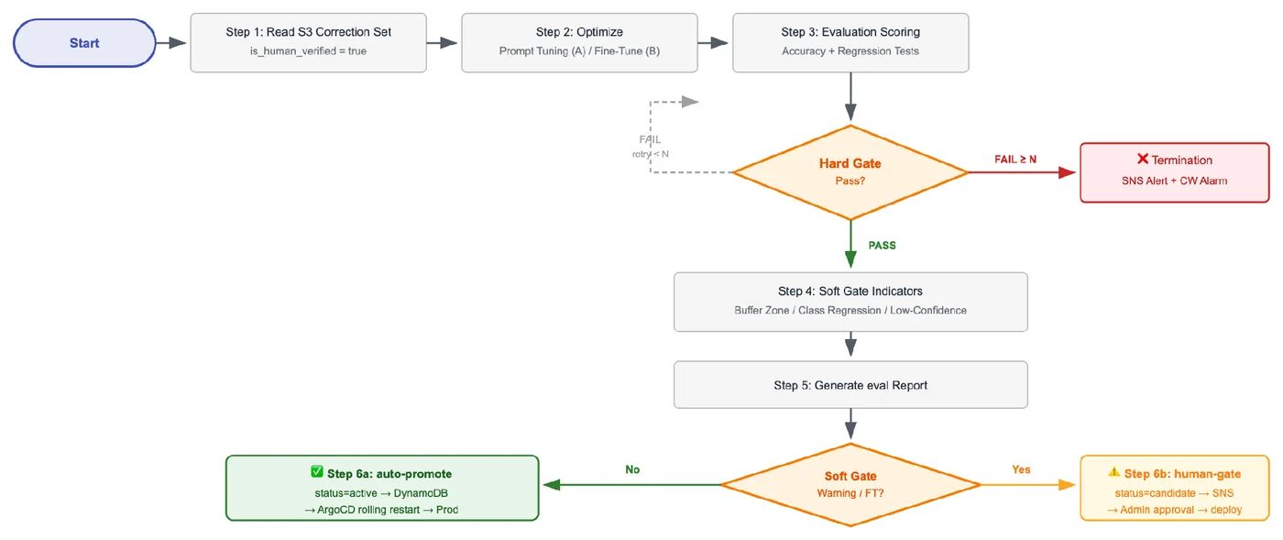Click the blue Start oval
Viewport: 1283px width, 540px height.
click(x=84, y=43)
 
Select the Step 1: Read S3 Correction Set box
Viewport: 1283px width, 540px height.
click(x=308, y=43)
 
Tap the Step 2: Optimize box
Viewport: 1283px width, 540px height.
click(x=579, y=43)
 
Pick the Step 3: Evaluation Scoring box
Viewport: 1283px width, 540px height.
click(x=850, y=43)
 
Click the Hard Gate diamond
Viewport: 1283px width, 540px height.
click(x=850, y=172)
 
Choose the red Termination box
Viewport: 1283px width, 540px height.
click(x=1175, y=172)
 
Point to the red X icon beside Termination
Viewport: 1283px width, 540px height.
click(x=1143, y=159)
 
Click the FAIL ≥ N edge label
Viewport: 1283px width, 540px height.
click(x=1015, y=160)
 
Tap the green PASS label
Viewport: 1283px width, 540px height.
click(x=882, y=246)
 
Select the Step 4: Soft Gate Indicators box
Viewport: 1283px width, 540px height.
click(x=850, y=303)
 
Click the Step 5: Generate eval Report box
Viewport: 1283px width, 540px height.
click(x=850, y=385)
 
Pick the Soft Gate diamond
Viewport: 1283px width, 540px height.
click(x=850, y=484)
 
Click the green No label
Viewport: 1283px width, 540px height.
click(x=632, y=469)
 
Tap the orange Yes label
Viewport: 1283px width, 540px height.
click(x=1021, y=469)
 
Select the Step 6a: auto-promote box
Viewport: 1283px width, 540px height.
click(x=383, y=488)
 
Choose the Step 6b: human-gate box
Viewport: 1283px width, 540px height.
click(x=1175, y=488)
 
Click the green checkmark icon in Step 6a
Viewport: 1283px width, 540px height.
click(x=317, y=472)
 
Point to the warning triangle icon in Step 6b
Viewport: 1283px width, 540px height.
click(x=1114, y=472)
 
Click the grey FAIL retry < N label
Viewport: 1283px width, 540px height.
click(x=650, y=147)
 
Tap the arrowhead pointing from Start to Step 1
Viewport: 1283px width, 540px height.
click(x=178, y=43)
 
